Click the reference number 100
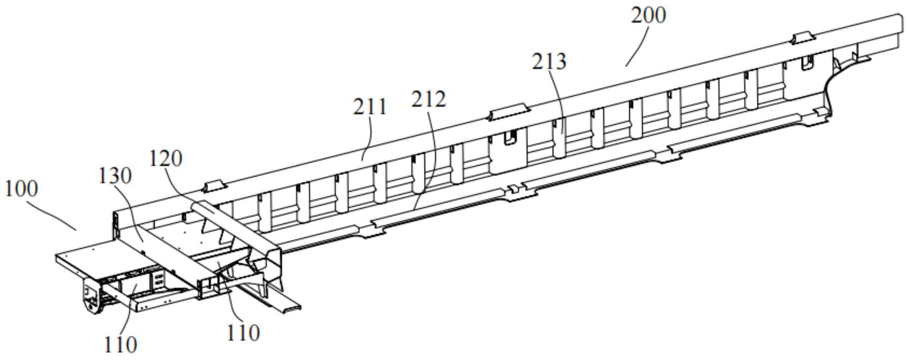21,189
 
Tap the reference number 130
115,176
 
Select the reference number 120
165,159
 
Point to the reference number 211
370,107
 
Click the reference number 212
428,100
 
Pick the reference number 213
549,61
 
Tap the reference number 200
648,15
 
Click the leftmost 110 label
120,345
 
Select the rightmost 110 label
243,333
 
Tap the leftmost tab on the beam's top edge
214,185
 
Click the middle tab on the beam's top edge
509,112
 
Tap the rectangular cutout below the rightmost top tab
807,62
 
